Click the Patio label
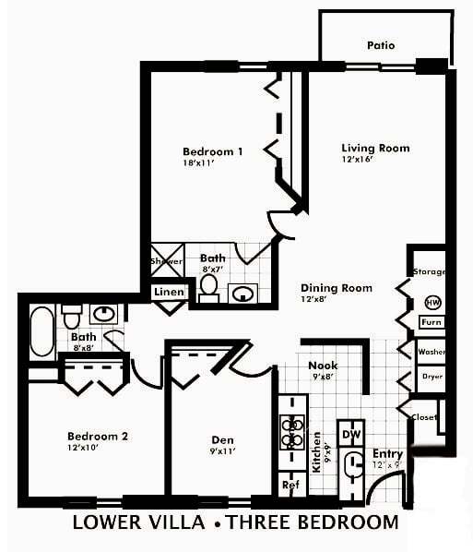click(380, 44)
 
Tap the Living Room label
click(375, 148)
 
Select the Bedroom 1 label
click(213, 152)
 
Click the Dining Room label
click(337, 288)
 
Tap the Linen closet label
click(169, 293)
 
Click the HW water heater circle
click(432, 302)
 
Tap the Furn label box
click(431, 322)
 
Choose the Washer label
click(431, 352)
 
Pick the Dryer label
click(432, 377)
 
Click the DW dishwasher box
click(351, 434)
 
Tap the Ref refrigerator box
click(290, 484)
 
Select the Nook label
click(323, 366)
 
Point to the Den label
click(218, 439)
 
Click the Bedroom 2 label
click(97, 436)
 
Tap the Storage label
click(430, 272)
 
